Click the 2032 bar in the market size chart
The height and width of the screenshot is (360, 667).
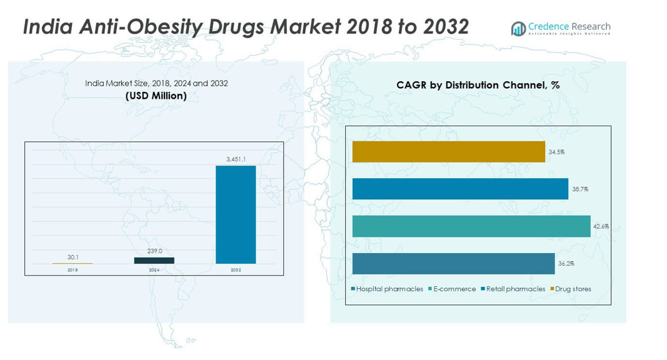[236, 214]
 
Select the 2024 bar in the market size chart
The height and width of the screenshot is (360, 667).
[154, 261]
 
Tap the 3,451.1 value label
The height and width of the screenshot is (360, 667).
[236, 159]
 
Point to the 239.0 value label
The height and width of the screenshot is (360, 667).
[154, 251]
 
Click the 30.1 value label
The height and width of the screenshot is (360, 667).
[73, 257]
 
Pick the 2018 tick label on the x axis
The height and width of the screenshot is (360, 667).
[73, 270]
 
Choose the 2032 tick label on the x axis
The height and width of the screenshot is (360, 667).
[236, 270]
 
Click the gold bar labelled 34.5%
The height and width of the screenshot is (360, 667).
[448, 152]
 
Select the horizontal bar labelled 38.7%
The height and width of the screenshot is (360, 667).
[460, 189]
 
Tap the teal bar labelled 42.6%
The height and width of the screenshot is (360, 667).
[471, 226]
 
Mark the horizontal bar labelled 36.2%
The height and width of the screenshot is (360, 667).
[453, 264]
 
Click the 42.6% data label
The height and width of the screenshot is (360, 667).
[601, 226]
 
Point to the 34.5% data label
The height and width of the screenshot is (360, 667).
[556, 152]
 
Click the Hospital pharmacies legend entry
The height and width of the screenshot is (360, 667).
[388, 289]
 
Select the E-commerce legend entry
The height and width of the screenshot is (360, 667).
[453, 289]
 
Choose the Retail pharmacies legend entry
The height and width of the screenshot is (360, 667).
[513, 289]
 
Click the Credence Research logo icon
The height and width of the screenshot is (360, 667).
[518, 29]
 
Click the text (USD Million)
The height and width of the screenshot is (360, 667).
[156, 96]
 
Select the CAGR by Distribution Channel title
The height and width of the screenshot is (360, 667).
[478, 85]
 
